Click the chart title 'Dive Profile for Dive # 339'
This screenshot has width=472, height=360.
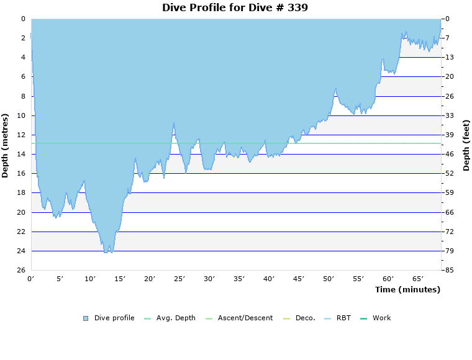coord(235,7)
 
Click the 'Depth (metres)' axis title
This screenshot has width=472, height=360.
coord(6,145)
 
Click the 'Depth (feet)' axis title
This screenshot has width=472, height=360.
coord(466,145)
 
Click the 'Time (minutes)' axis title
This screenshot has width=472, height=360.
coord(407,289)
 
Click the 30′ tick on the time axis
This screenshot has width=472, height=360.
coord(209,279)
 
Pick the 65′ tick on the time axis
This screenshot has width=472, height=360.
coord(418,279)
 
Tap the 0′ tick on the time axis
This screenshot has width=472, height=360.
coord(31,279)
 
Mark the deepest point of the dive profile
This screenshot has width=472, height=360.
coord(107,253)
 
